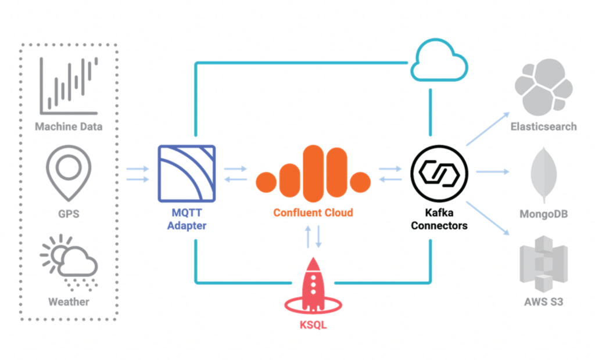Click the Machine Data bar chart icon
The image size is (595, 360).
point(69,86)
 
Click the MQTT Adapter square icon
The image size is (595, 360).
point(187,174)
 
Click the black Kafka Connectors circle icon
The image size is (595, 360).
point(439,172)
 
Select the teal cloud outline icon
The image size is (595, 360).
point(439,60)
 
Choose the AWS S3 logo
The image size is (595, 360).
point(543,264)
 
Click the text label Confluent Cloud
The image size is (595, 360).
point(313,213)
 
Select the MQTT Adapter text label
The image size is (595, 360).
point(187,219)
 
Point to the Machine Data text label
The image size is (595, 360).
point(69,127)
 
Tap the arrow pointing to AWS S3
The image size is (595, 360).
point(487,218)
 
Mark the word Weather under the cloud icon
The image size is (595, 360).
point(69,302)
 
